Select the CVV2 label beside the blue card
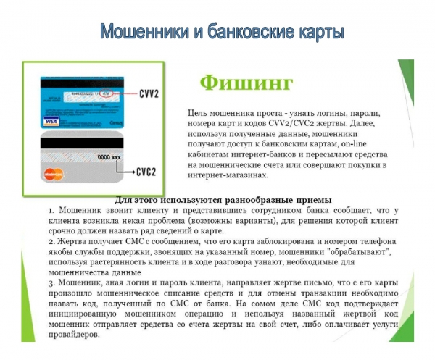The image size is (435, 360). coord(150,93)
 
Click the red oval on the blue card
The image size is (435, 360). coord(107,93)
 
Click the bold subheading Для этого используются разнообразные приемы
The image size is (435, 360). coord(223,199)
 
